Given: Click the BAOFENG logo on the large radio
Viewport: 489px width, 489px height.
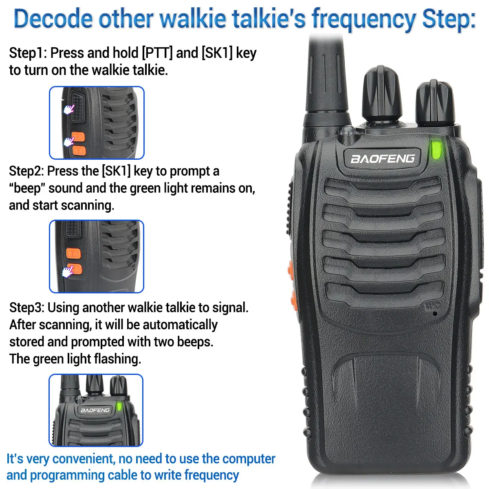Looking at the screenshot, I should pyautogui.click(x=382, y=158).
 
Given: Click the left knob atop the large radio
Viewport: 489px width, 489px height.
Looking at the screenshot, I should pyautogui.click(x=382, y=94).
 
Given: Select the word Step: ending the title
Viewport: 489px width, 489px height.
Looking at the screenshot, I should pyautogui.click(x=448, y=19).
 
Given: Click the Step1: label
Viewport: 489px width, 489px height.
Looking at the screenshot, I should pyautogui.click(x=28, y=53).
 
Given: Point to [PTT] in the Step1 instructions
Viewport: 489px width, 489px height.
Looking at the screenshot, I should pyautogui.click(x=157, y=53).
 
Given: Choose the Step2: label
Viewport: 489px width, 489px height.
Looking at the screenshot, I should pyautogui.click(x=27, y=171).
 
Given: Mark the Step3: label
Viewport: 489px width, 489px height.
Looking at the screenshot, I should pyautogui.click(x=27, y=307).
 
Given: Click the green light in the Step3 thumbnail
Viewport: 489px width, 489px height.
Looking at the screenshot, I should pyautogui.click(x=119, y=406).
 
